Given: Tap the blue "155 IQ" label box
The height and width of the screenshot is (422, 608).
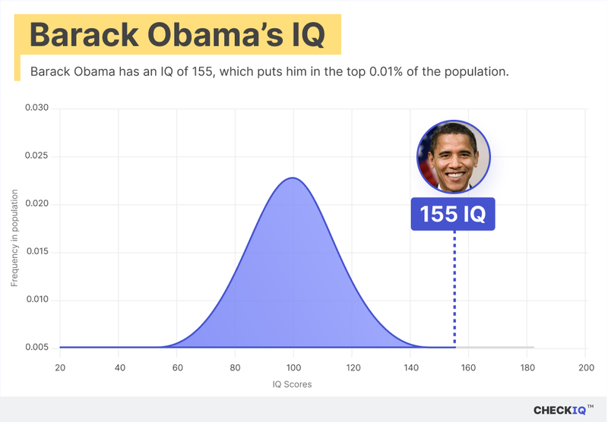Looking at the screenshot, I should pyautogui.click(x=453, y=214).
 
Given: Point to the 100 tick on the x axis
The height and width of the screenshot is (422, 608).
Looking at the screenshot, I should pyautogui.click(x=293, y=368).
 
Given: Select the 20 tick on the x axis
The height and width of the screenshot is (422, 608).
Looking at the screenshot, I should pyautogui.click(x=60, y=368).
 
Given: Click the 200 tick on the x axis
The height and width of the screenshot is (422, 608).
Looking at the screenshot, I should pyautogui.click(x=585, y=368).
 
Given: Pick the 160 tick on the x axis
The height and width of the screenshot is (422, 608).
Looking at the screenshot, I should pyautogui.click(x=468, y=368).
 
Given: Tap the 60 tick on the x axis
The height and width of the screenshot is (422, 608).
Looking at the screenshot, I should pyautogui.click(x=177, y=368).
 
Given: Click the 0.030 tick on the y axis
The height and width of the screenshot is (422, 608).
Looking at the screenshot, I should pyautogui.click(x=36, y=109).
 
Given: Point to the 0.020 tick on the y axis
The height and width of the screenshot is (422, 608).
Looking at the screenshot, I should pyautogui.click(x=36, y=204).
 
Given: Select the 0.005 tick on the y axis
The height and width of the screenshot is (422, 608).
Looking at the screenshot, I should pyautogui.click(x=36, y=348).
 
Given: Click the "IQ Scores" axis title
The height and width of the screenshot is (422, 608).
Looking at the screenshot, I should pyautogui.click(x=292, y=385).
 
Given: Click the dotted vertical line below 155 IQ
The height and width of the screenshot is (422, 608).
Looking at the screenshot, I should pyautogui.click(x=454, y=288).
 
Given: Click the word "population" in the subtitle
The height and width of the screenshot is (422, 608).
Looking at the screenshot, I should pyautogui.click(x=476, y=72).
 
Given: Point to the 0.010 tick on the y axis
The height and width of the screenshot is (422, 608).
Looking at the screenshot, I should pyautogui.click(x=36, y=300).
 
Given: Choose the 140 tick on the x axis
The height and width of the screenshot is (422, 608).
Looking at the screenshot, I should pyautogui.click(x=410, y=368).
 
